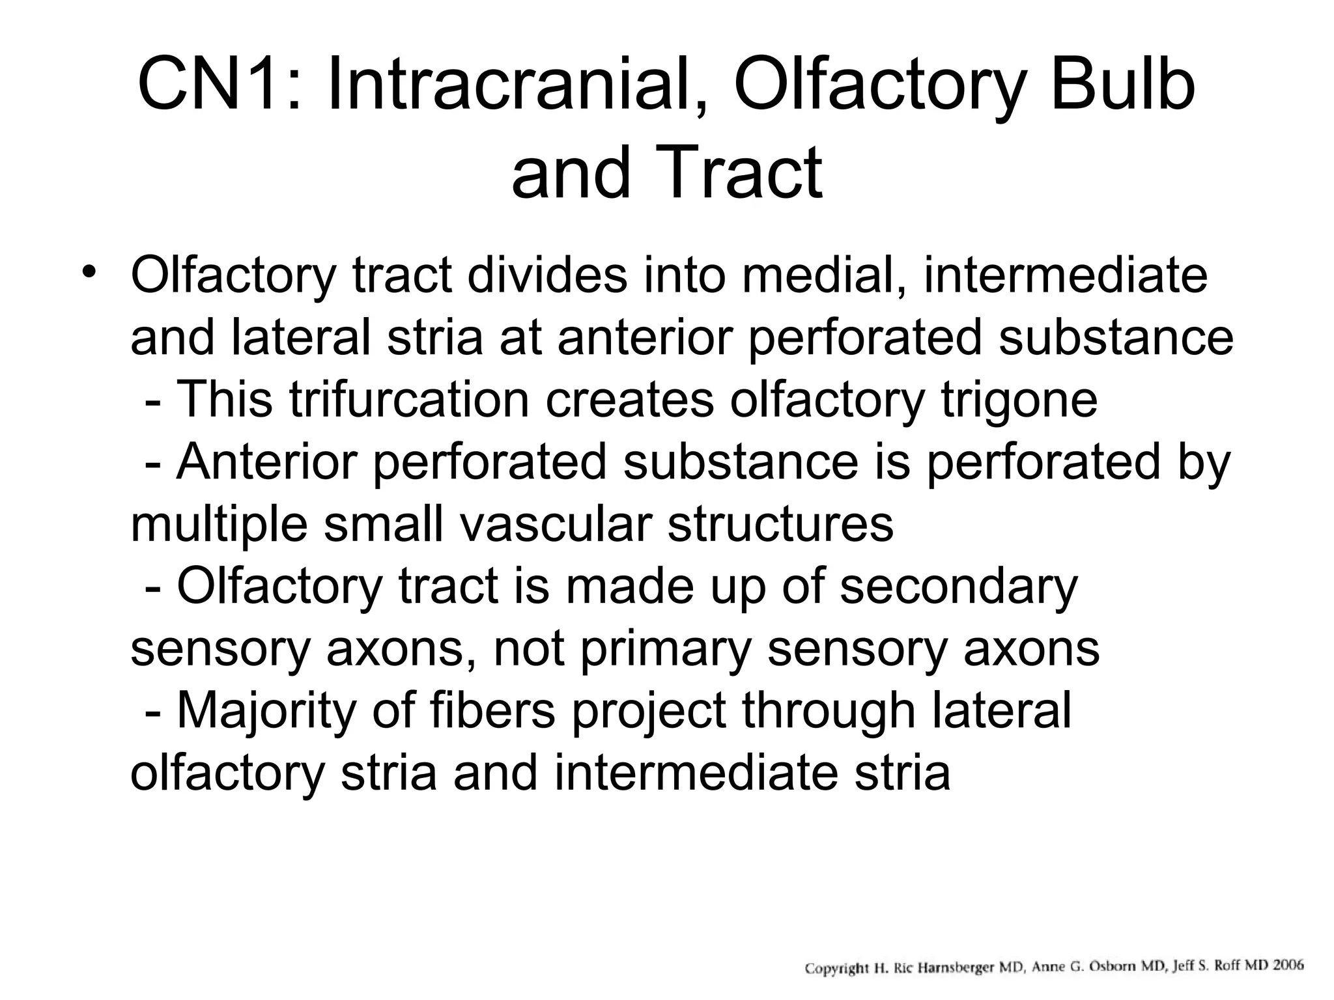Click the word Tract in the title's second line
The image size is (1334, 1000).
[x=743, y=173]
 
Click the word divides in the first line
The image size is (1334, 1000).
[x=547, y=275]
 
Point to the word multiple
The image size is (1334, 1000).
[x=219, y=524]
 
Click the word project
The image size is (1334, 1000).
[x=649, y=711]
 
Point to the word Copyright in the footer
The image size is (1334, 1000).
[x=837, y=968]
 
